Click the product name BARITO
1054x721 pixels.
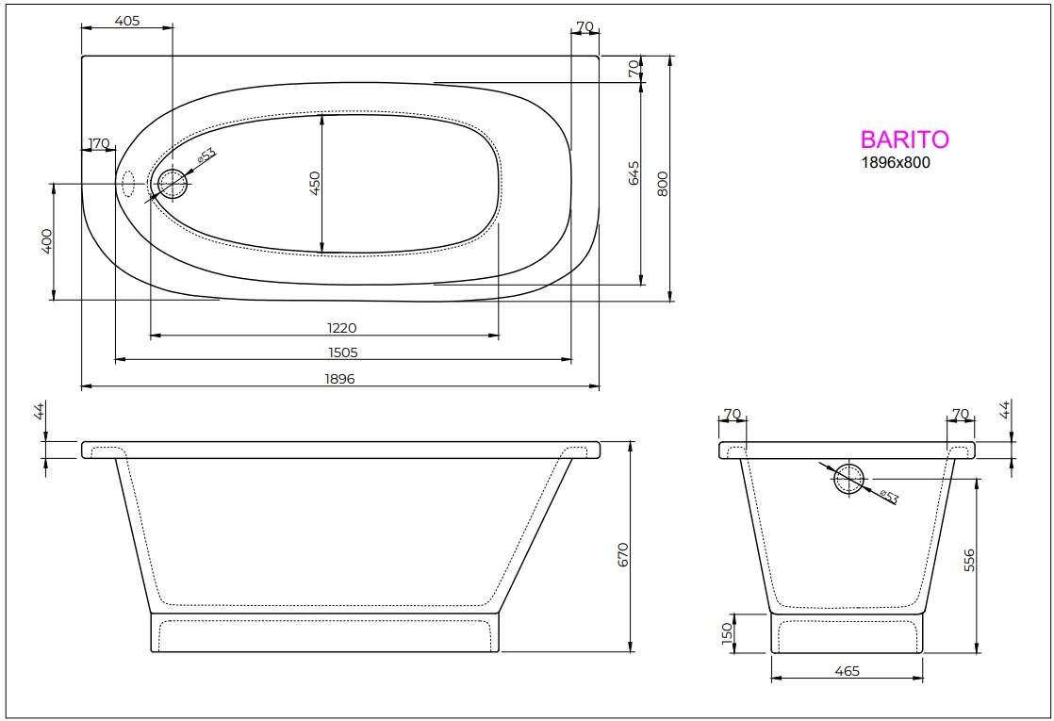pos(904,139)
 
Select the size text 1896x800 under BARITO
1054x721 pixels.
pos(896,162)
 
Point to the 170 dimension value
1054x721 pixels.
pos(98,144)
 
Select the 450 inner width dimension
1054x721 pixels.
pos(316,184)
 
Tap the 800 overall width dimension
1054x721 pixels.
pos(663,183)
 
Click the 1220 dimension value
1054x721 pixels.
pos(341,328)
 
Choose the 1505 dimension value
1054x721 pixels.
pos(341,352)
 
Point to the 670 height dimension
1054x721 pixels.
pos(622,554)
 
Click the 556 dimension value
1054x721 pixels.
pos(970,561)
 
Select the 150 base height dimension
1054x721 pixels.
pos(727,632)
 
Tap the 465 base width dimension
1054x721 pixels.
pos(847,671)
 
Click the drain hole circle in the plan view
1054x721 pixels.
pos(173,183)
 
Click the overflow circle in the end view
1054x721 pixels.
pos(849,479)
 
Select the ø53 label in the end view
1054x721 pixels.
pos(888,496)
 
